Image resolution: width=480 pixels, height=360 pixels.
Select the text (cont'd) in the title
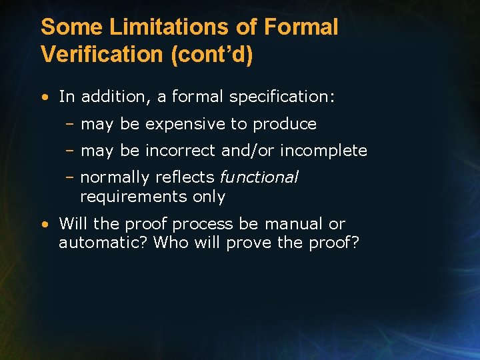coord(212,55)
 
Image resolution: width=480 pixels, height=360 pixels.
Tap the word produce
coord(285,125)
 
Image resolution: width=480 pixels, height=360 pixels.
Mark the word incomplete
coord(323,151)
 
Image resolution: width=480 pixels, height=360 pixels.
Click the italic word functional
coord(259,177)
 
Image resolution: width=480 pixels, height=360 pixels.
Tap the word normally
coord(115,177)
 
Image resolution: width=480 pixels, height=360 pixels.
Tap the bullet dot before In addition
coord(43,97)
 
